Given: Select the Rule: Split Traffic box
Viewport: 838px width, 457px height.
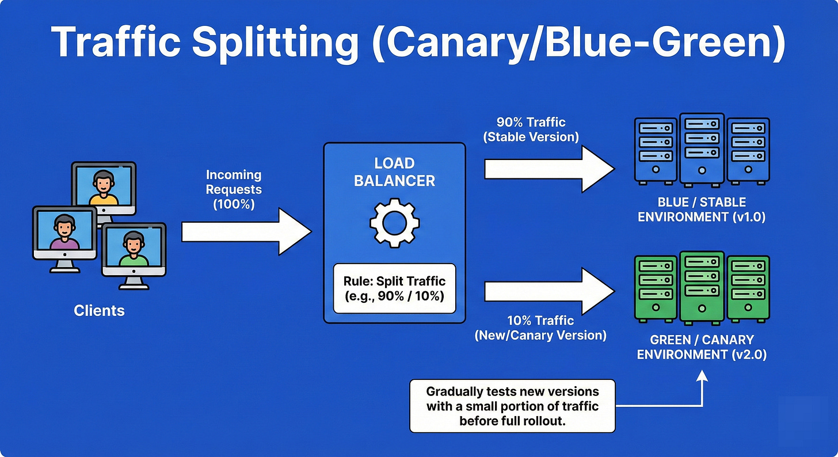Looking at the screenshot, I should pos(394,288).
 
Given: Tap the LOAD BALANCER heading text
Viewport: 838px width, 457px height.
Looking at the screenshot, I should pos(394,172).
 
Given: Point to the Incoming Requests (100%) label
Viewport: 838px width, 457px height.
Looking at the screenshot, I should pos(234,189).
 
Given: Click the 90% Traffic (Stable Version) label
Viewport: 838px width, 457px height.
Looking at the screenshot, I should pos(531,130).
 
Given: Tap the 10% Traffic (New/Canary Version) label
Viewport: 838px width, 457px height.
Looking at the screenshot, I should pos(540,327).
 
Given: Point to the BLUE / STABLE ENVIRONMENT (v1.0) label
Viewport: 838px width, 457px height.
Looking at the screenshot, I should pos(701,210).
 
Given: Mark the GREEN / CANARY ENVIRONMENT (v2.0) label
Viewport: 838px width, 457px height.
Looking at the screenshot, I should pos(701,346).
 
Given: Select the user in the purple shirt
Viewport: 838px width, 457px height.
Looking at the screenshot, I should pos(64,234).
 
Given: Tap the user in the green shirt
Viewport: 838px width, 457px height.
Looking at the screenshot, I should pos(134,251).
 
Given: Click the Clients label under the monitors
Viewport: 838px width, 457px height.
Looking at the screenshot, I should pos(99,311).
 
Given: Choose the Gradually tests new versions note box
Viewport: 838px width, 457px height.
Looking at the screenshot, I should pos(512,406).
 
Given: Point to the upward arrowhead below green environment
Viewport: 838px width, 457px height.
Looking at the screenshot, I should pos(701,376).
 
